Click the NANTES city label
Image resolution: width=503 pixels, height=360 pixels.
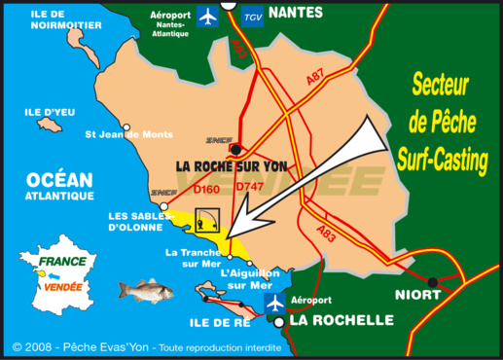296,13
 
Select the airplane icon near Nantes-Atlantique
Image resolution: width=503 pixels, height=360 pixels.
206,17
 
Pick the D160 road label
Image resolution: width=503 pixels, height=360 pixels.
206,188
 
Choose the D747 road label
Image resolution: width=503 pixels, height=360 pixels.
250,185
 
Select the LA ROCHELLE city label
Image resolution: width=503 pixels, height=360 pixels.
342,320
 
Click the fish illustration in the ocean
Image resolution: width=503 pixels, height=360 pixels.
146,289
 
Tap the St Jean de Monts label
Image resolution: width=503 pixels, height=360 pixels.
129,134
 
